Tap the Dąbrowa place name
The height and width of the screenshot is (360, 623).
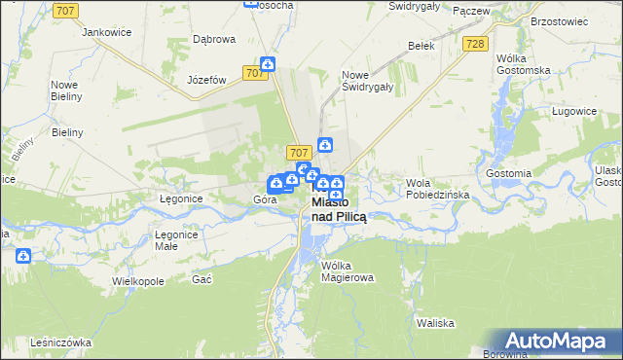click(214, 40)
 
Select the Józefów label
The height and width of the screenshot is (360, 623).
click(206, 80)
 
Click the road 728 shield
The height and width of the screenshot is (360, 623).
click(474, 45)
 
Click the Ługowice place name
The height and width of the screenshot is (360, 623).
click(573, 111)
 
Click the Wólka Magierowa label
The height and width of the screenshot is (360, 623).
click(348, 270)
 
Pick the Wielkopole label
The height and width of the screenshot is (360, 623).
click(137, 280)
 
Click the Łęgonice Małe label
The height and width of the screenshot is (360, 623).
click(177, 240)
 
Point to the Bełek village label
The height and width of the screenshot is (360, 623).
click(421, 45)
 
